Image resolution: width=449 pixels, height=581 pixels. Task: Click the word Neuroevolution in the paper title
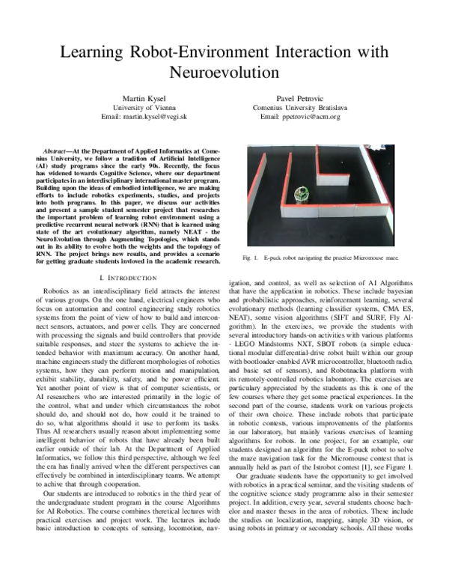click(x=224, y=73)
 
